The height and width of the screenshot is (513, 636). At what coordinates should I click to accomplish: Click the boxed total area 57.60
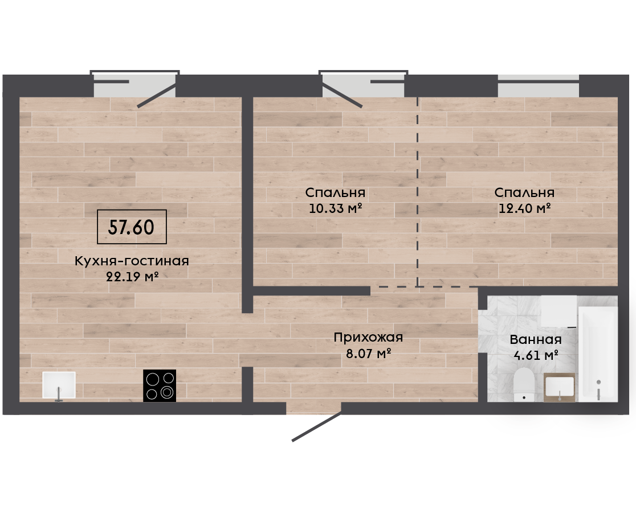[x=132, y=227]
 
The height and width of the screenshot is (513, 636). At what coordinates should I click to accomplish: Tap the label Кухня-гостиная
[x=132, y=261]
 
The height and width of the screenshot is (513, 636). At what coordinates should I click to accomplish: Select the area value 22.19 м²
[x=132, y=277]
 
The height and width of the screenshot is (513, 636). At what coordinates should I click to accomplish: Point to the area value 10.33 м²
[x=336, y=208]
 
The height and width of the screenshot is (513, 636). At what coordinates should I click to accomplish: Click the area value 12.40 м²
[x=524, y=208]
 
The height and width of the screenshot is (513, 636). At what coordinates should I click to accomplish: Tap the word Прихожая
[x=368, y=337]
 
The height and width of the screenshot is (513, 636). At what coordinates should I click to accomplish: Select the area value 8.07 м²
[x=368, y=354]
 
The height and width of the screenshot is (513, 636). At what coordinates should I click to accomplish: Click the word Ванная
[x=536, y=339]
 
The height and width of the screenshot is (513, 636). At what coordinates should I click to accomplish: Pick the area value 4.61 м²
[x=536, y=355]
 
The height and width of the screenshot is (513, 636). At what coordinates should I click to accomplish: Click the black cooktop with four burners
[x=160, y=385]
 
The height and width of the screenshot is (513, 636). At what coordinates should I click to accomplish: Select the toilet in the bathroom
[x=524, y=384]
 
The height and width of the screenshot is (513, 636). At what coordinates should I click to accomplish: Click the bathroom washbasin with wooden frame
[x=560, y=387]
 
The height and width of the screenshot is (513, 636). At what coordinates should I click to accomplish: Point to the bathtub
[x=598, y=354]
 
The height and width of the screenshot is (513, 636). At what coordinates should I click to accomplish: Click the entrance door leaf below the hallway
[x=317, y=426]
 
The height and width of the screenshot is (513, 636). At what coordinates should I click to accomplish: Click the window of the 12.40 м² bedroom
[x=538, y=85]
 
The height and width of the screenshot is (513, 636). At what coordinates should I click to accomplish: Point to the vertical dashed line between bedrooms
[x=418, y=192]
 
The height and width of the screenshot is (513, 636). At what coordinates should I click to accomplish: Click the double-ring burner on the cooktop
[x=167, y=392]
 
